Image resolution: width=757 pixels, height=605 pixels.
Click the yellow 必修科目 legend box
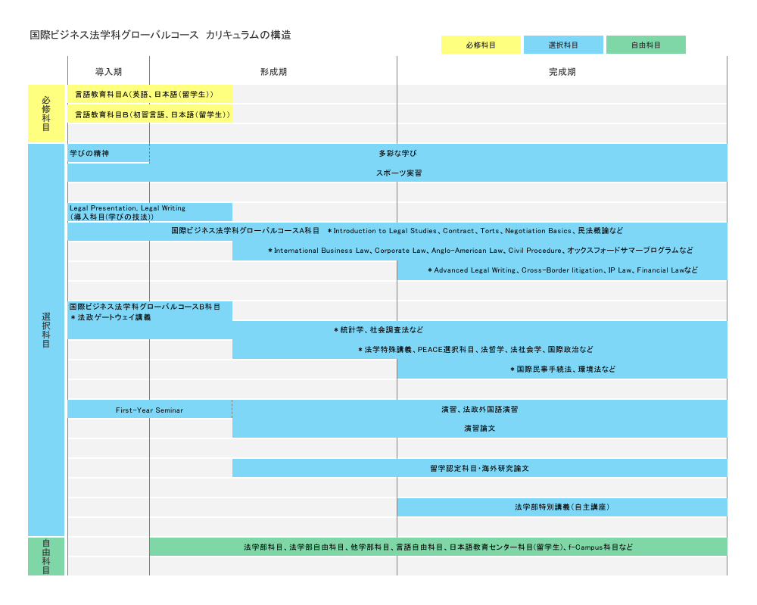[481, 45]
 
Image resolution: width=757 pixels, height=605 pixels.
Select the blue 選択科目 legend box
[563, 45]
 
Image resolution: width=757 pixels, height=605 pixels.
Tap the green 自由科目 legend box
[646, 45]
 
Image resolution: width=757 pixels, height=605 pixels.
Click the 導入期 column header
[108, 72]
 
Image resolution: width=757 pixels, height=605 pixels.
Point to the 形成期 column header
[274, 72]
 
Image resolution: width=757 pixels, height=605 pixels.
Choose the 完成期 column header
[562, 72]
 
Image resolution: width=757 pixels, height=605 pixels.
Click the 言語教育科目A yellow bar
[150, 94]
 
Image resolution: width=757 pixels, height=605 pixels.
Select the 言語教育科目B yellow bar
[150, 114]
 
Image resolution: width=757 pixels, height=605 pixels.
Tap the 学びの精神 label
[89, 154]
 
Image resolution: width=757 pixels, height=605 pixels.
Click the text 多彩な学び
[398, 154]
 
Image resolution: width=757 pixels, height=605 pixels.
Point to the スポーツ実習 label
[399, 173]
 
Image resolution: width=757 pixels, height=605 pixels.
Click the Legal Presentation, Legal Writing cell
[150, 213]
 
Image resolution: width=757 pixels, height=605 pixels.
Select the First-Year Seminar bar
[150, 410]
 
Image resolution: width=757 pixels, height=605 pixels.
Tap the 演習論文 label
[480, 429]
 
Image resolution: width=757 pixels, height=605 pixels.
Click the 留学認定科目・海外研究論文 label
[479, 469]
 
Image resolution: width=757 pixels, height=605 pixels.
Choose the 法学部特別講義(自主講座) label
[562, 507]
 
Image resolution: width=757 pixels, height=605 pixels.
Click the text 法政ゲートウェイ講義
[114, 317]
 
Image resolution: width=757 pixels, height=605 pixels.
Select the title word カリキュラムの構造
[248, 35]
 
